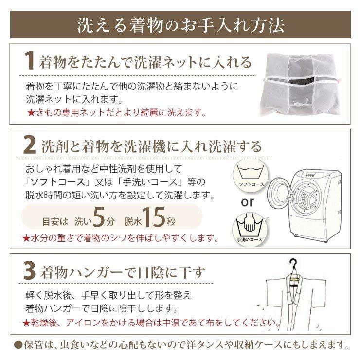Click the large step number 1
[30, 60]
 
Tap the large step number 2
[30, 144]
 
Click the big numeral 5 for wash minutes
[99, 216]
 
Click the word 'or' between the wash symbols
[248, 202]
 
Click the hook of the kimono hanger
[294, 264]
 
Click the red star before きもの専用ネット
[31, 113]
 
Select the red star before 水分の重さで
[26, 238]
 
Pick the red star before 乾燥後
[26, 323]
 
